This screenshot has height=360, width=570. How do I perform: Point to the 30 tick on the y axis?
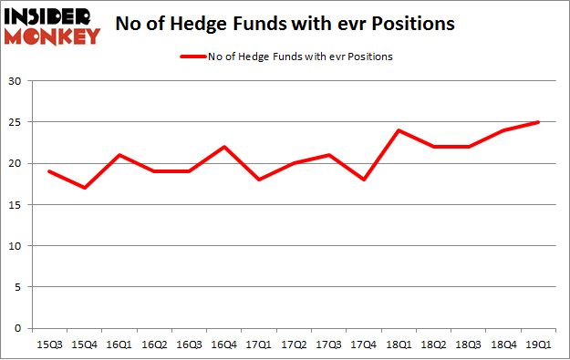16,82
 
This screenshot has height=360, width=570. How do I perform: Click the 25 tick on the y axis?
16,123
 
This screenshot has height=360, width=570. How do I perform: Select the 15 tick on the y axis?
16,205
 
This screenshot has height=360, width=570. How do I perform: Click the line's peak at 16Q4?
223,147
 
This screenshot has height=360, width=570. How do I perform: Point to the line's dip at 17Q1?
259,180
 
